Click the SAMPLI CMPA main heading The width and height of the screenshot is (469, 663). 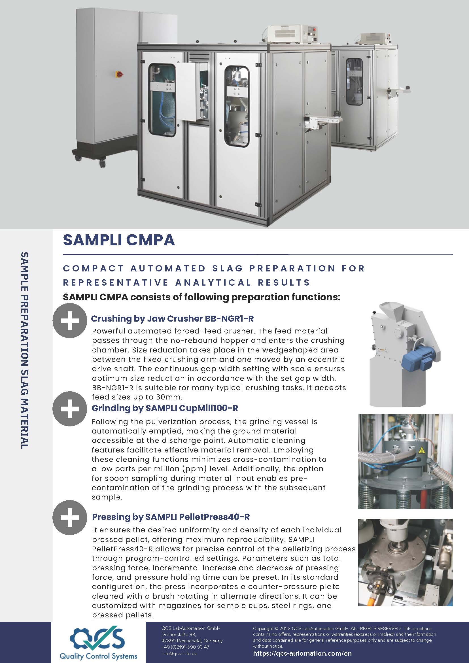click(119, 240)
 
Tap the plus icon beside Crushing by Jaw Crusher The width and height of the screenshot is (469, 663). click(70, 320)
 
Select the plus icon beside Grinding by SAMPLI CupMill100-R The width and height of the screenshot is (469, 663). click(70, 409)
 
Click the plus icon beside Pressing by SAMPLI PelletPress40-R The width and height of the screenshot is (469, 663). click(70, 517)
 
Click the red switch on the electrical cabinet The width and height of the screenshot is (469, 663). click(119, 74)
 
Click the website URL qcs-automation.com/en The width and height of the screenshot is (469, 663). click(302, 653)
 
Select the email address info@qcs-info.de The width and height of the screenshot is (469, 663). click(179, 653)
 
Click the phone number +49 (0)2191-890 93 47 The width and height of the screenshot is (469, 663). click(185, 647)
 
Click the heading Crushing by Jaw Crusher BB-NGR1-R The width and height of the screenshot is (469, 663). click(172, 318)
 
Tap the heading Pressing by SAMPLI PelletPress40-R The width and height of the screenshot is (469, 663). click(171, 517)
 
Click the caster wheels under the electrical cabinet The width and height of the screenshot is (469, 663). click(102, 163)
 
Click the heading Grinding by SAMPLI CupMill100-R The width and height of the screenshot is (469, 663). click(165, 408)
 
